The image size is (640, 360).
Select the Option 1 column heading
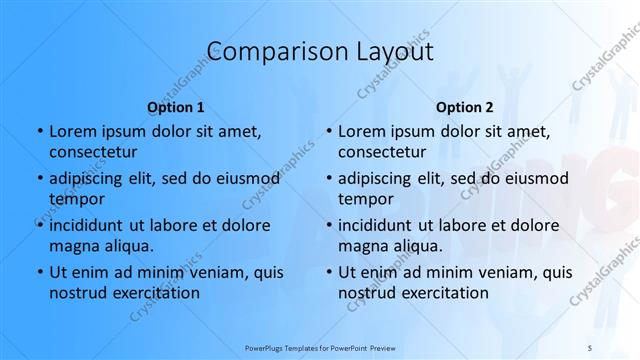coord(175,106)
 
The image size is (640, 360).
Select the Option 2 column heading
coord(465,106)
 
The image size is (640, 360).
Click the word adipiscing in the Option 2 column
coord(380,178)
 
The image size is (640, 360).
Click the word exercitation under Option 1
coord(154,293)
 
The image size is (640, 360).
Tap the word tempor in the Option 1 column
coord(75,200)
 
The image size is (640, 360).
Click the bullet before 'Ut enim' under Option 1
coord(39,272)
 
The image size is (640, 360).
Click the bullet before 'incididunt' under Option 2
coord(328,225)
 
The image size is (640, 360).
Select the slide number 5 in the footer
coord(589,346)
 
